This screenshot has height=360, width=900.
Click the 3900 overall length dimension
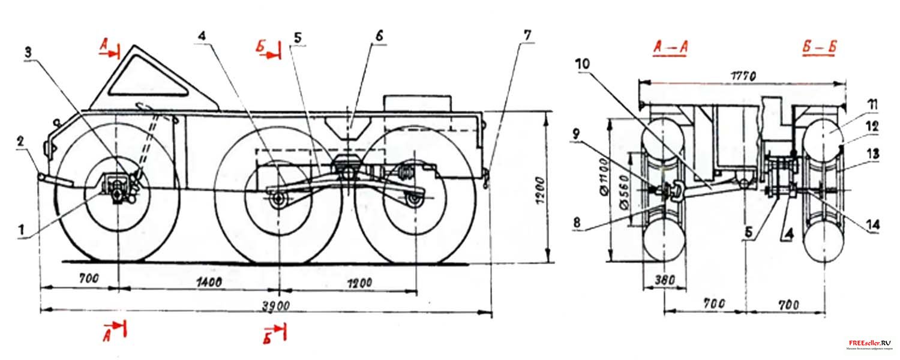tap(277, 304)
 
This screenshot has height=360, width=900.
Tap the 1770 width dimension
tap(743, 76)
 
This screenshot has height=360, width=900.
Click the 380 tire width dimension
tap(663, 279)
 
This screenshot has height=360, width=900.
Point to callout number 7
tap(527, 35)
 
